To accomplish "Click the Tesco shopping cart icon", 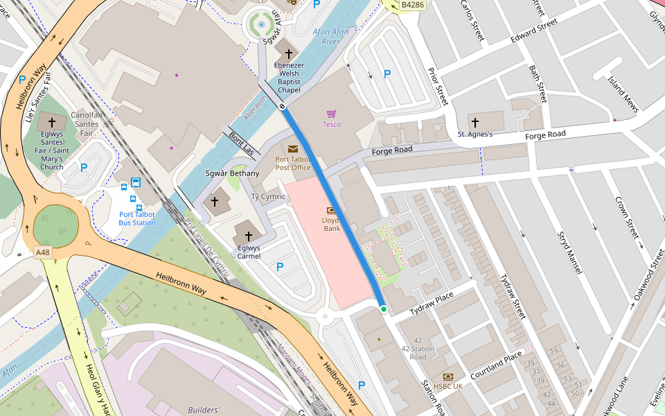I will point(331,114).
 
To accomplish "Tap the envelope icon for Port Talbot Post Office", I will point(292,148).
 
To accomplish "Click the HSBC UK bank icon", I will point(448,376).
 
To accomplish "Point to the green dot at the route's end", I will point(383,309).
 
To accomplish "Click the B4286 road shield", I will point(412,5).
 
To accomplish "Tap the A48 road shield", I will point(42,254).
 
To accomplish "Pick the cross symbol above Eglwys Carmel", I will point(248,236).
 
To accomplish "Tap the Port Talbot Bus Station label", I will point(137,218).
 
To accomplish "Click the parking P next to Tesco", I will point(387,74).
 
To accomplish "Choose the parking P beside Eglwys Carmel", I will point(280,266).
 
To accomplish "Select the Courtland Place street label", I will point(495,365).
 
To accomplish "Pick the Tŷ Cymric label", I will point(267,197).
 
